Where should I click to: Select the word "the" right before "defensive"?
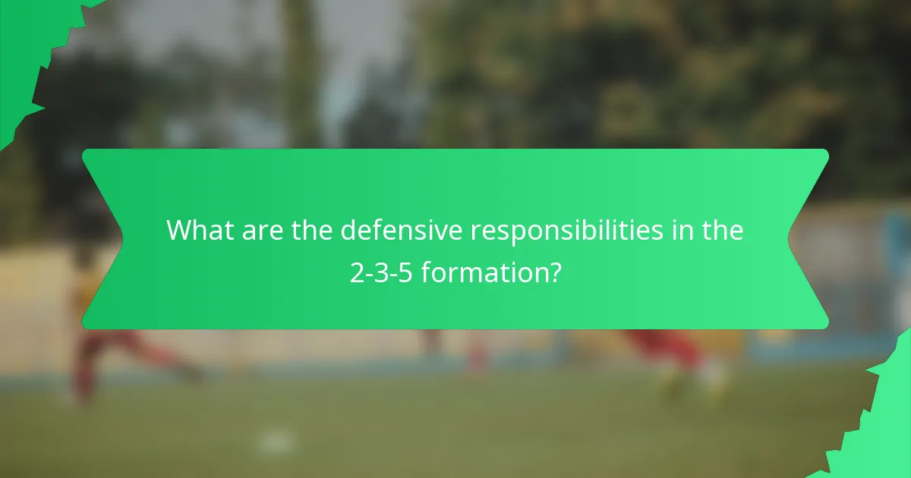tap(312, 231)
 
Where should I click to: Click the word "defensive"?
tap(401, 231)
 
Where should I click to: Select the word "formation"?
tap(484, 272)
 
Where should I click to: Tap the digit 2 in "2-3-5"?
tap(357, 272)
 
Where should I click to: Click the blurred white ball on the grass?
tap(275, 440)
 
